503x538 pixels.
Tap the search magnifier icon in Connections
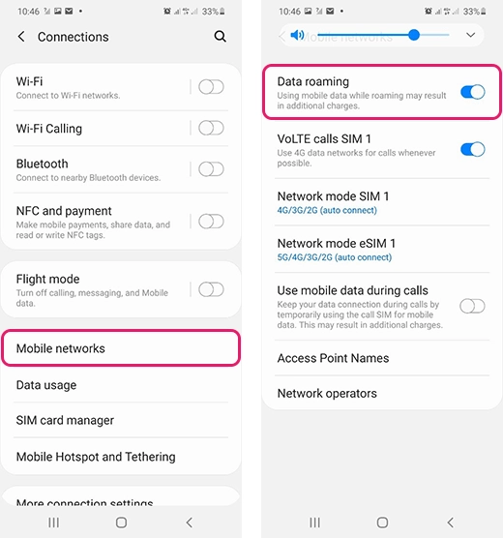coord(221,37)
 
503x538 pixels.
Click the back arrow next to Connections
coord(21,37)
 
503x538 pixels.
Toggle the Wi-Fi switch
coord(211,87)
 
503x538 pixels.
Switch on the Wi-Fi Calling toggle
coord(211,129)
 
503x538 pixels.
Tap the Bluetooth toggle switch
coord(211,169)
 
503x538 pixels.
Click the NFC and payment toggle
coord(211,222)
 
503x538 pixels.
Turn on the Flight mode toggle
coord(211,289)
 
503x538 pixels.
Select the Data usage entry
coord(46,385)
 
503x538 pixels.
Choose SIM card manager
coord(65,421)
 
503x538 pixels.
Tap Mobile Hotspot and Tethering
coord(96,457)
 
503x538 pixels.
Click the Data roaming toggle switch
coord(472,92)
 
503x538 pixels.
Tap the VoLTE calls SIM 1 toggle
coord(472,149)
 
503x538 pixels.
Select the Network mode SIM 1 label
coord(333,196)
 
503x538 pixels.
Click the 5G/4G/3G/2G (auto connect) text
coord(335,257)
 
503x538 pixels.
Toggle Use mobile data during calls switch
coord(472,307)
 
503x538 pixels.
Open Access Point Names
coord(333,358)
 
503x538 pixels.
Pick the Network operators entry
coord(327,394)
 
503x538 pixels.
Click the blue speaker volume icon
coord(297,35)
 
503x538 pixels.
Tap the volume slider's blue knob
coord(414,35)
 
